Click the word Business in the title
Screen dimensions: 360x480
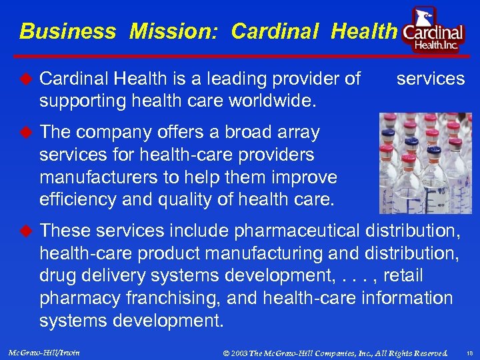coord(67,31)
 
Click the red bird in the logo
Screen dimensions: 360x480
coord(424,17)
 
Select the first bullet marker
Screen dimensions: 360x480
coord(25,79)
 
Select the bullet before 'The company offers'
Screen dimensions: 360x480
coord(25,132)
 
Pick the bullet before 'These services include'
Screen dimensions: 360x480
coord(25,231)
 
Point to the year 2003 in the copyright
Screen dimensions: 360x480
coord(241,352)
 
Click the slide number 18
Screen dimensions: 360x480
coord(469,352)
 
